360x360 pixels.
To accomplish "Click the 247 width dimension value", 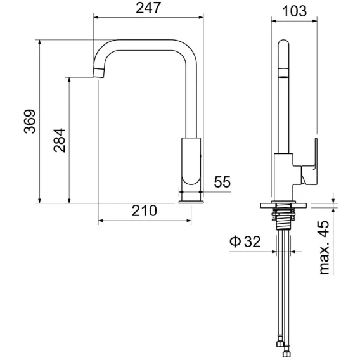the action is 148,8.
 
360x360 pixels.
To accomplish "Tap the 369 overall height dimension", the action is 30,121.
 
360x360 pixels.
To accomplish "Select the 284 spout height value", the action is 59,140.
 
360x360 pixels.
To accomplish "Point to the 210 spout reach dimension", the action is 144,210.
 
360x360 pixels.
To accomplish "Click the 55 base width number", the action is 222,182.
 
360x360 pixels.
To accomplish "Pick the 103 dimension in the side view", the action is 294,11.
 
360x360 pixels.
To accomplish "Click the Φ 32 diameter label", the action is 245,241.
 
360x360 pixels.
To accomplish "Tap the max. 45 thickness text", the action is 324,247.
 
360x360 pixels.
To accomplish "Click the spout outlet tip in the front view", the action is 99,73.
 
